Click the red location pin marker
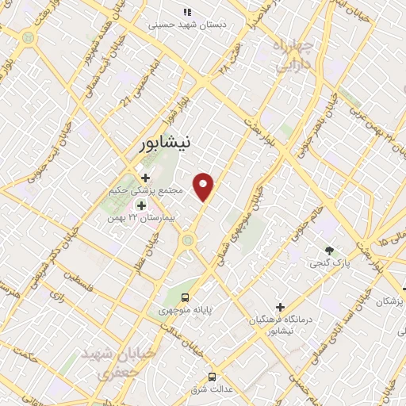pos(205,186)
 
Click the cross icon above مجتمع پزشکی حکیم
pos(145,178)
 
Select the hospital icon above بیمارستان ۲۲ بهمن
pos(141,205)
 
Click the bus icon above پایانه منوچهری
pos(185,297)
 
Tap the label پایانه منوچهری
pos(184,310)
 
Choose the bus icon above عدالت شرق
pos(212,377)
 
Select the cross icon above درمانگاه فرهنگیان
pos(280,307)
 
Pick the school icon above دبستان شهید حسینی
pos(187,12)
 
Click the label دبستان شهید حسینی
pos(188,25)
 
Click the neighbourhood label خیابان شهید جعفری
pos(117,361)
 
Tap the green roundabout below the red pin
pos(188,239)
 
